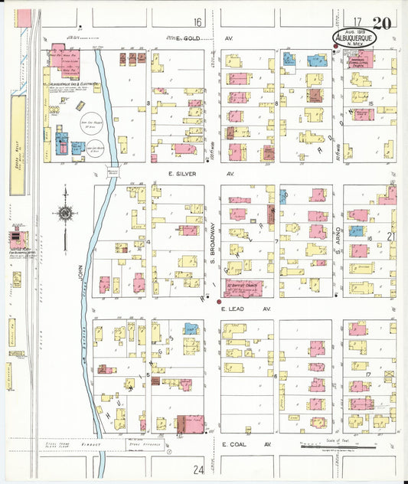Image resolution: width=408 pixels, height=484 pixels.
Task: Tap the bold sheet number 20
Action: point(383,24)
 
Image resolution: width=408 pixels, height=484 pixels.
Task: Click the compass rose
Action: point(66,212)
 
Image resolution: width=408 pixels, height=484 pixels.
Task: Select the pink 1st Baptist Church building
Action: point(243,289)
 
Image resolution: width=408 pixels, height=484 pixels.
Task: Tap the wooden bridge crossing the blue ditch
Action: point(113,172)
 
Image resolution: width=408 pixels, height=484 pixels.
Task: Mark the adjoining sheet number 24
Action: point(199,469)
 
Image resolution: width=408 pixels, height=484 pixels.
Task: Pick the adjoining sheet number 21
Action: point(390,237)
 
